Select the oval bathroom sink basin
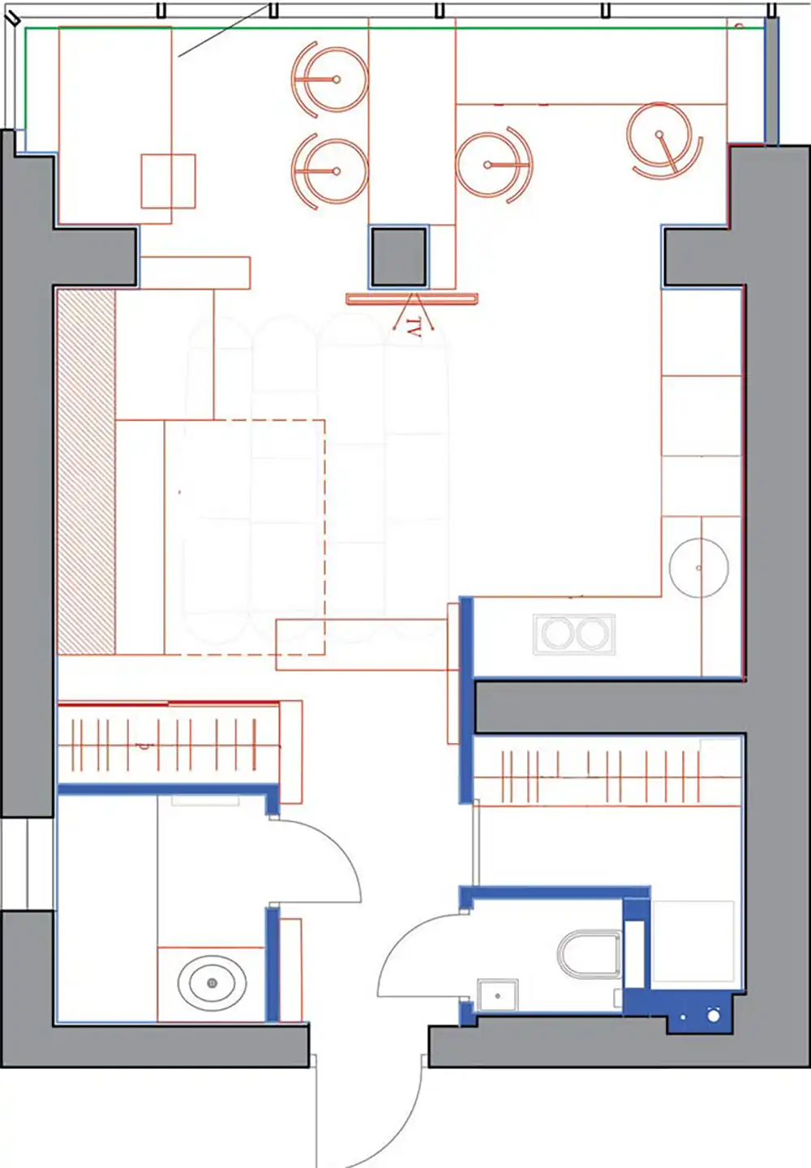pos(212,983)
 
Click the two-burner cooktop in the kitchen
pos(574,634)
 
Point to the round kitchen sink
pos(699,568)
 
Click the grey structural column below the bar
pos(399,257)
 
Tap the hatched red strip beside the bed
pos(86,472)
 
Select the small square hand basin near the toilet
pos(498,996)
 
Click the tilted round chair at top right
pos(664,138)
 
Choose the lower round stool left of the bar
pos(330,171)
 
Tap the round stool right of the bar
pos(494,165)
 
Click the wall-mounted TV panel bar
pos(412,298)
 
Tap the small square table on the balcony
pos(169,181)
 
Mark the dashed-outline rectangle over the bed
pos(245,537)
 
